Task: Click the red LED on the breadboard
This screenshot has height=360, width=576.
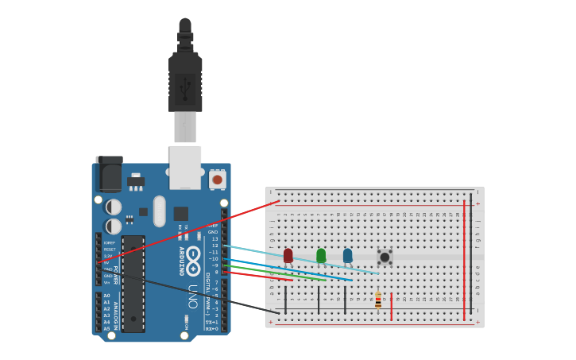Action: [288, 255]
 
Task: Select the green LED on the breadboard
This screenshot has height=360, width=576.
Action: [321, 255]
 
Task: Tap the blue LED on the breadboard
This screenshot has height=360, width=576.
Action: [347, 255]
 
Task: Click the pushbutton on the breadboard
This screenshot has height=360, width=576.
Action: [385, 257]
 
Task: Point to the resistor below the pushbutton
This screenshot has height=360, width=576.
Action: [378, 300]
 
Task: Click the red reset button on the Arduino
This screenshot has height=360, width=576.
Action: [217, 180]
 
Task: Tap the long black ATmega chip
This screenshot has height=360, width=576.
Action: [133, 283]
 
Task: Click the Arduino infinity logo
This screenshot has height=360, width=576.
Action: [193, 261]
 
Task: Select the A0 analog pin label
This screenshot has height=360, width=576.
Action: [106, 296]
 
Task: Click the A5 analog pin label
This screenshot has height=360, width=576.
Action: [106, 328]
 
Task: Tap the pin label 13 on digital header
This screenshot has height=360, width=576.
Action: [214, 238]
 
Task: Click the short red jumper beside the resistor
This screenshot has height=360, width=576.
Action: [392, 306]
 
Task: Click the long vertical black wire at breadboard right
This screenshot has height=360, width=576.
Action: [471, 254]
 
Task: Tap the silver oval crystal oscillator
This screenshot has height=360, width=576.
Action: [159, 211]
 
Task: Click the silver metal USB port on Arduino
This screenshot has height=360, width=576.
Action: [185, 167]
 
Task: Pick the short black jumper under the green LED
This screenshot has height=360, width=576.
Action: [319, 300]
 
